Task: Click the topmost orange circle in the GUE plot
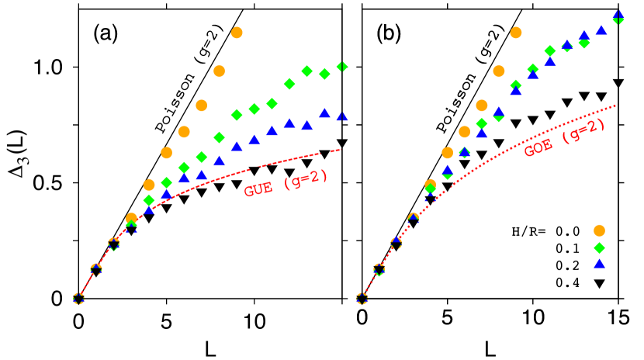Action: [x=237, y=33]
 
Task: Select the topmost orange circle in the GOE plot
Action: [x=516, y=33]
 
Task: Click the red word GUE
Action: [x=258, y=189]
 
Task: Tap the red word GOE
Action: [x=538, y=147]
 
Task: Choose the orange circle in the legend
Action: [x=599, y=230]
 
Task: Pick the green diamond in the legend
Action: [x=599, y=247]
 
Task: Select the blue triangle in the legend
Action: [x=599, y=264]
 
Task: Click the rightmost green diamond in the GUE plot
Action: [x=342, y=67]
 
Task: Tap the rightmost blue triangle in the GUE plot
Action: [x=342, y=116]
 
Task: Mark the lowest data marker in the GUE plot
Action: [x=78, y=298]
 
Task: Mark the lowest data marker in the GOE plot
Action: [x=362, y=298]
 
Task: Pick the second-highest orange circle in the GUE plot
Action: [x=219, y=71]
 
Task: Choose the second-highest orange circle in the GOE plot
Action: [x=499, y=71]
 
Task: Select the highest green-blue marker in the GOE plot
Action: [x=618, y=17]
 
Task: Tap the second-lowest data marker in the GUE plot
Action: [x=96, y=269]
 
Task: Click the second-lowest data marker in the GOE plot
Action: [x=379, y=269]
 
